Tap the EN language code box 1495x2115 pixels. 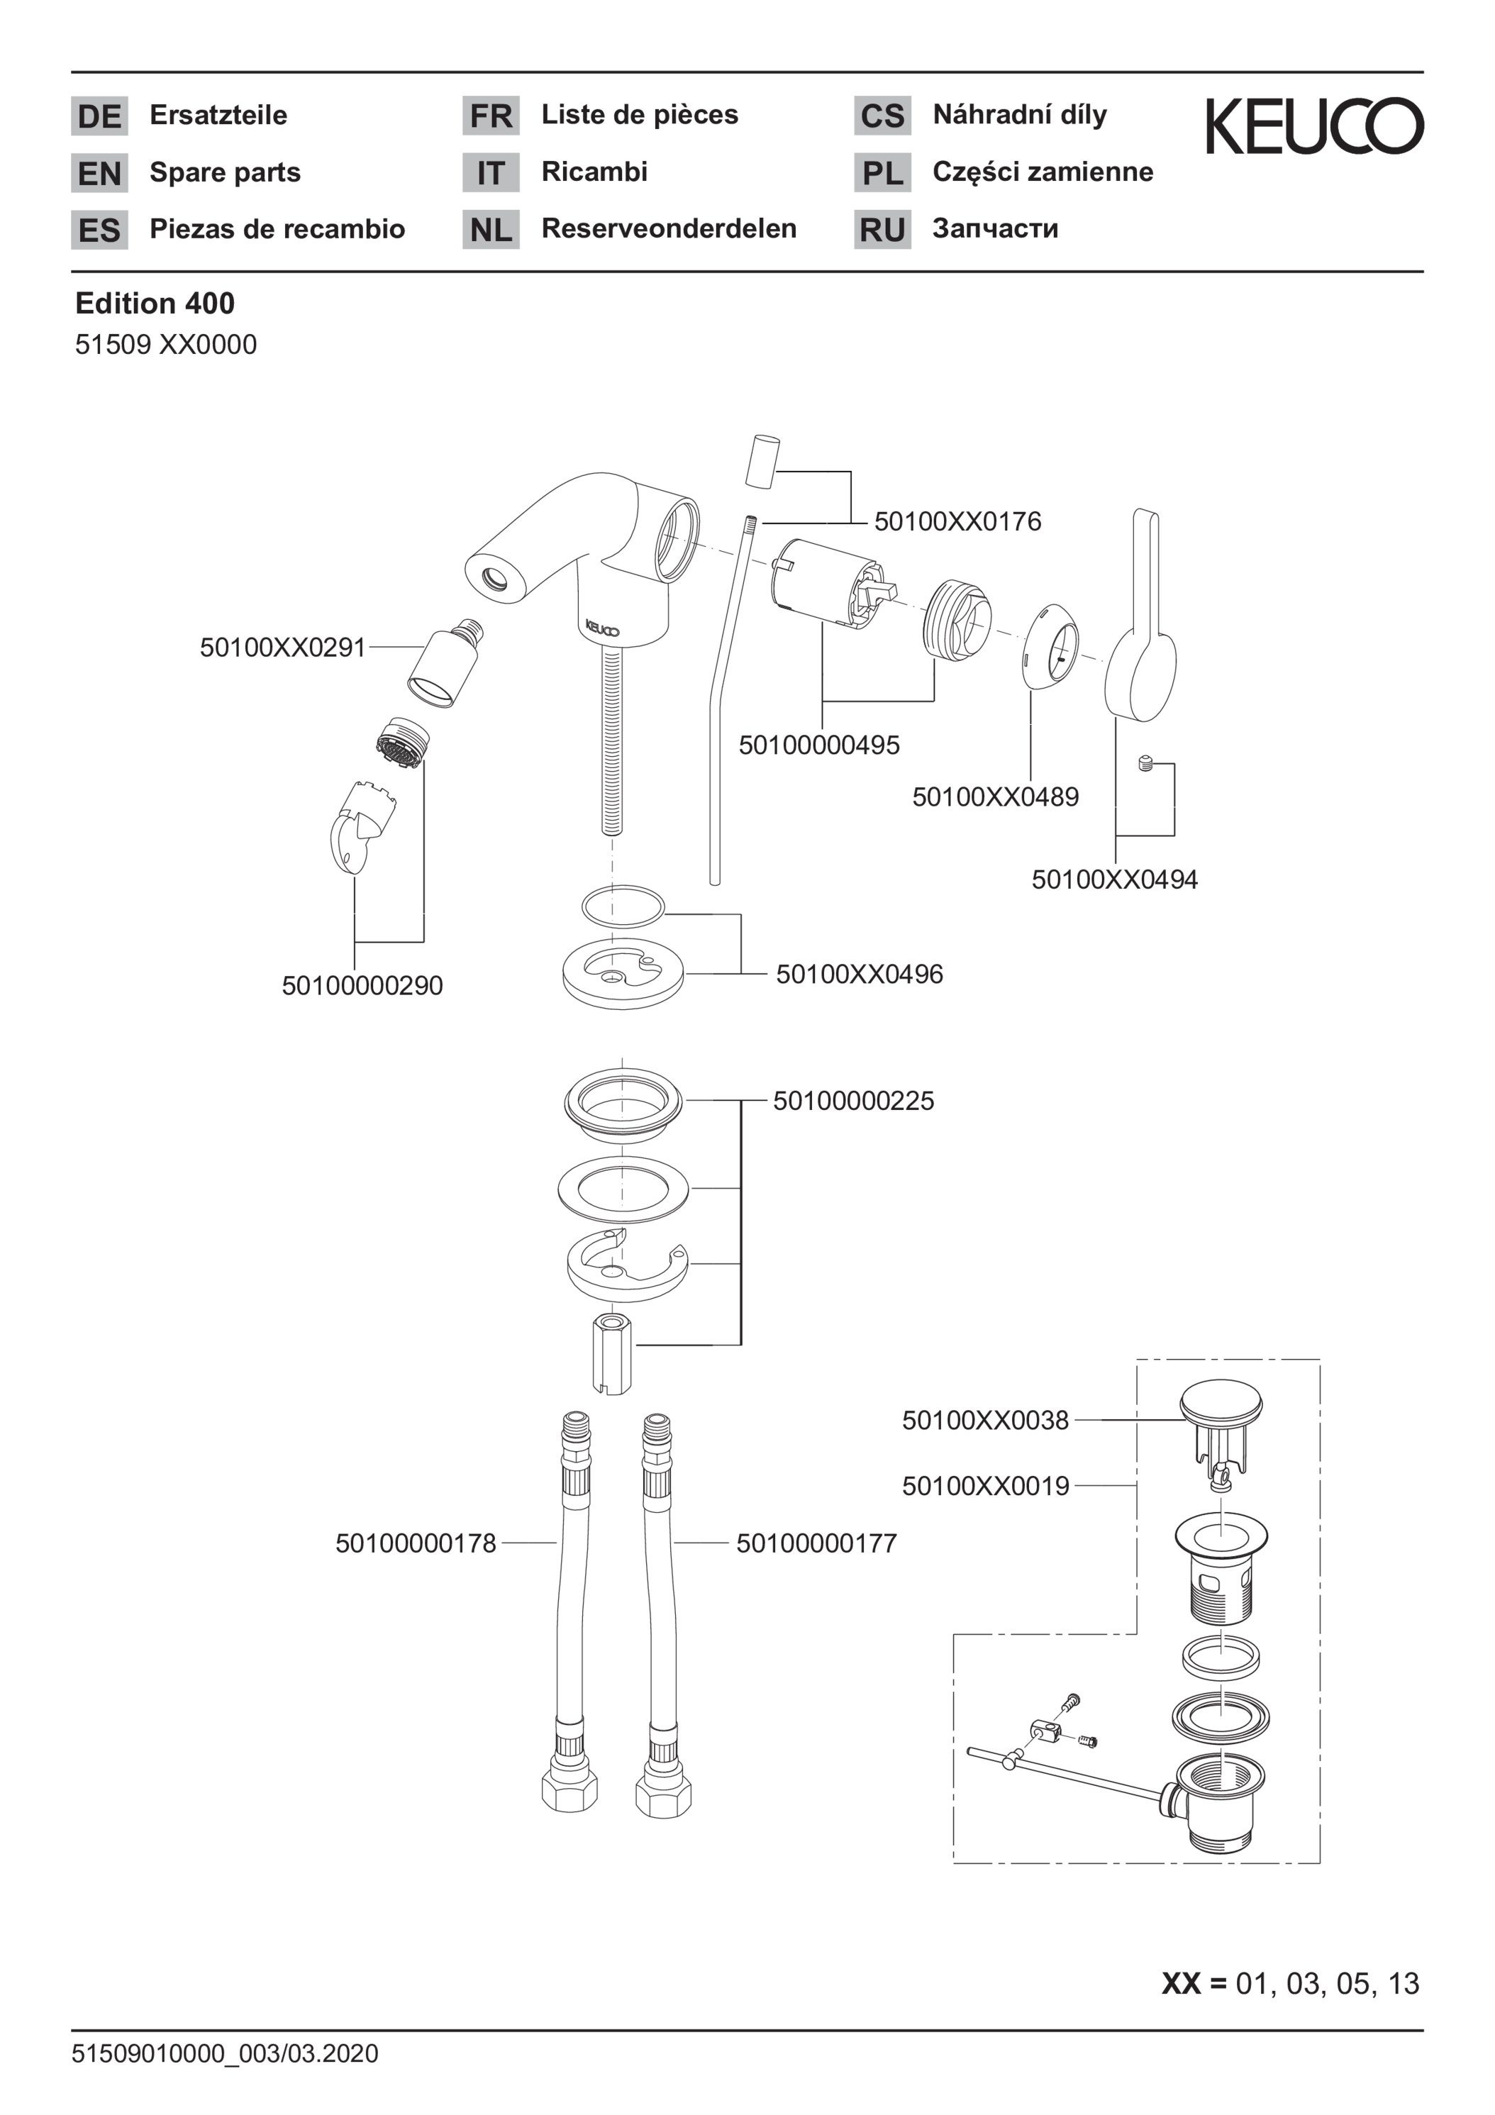99,172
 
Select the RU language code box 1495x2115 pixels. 882,229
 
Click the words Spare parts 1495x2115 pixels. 225,172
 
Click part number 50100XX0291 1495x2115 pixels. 282,648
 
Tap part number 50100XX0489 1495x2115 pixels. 995,796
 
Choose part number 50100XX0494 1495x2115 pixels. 1115,879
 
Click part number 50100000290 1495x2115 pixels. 362,986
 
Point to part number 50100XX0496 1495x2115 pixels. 859,974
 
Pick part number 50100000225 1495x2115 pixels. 853,1100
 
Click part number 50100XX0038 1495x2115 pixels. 984,1421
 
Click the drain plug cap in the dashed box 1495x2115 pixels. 1221,1405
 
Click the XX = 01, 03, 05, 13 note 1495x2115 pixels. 1289,1983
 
